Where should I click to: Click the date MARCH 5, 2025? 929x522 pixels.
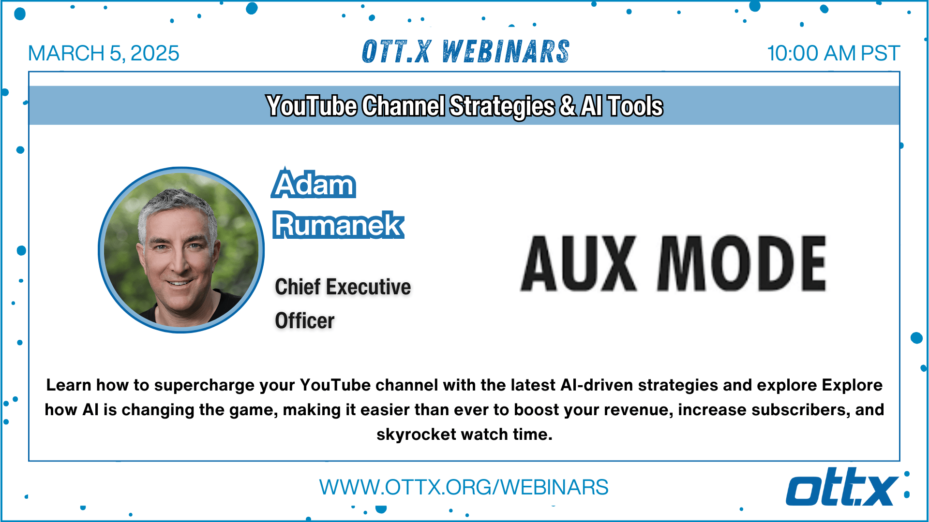coord(104,53)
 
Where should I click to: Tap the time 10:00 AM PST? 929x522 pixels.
coord(833,53)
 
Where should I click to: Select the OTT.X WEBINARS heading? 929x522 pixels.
coord(465,52)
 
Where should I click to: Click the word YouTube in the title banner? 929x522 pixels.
coord(312,106)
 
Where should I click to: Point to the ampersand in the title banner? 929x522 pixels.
coord(568,106)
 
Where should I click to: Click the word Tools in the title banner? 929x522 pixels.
coord(635,106)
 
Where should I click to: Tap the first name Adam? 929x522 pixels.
coord(314,184)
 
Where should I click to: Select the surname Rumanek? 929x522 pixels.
coord(338,225)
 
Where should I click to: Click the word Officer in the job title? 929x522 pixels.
coord(305,321)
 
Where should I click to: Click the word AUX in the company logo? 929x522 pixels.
coord(579,263)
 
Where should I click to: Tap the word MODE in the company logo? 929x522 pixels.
coord(742,263)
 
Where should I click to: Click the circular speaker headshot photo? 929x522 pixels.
coord(181,250)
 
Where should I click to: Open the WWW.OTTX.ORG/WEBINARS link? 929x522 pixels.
coord(464,487)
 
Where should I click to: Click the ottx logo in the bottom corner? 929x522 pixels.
coord(842,487)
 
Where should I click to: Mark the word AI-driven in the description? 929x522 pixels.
coord(597,385)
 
